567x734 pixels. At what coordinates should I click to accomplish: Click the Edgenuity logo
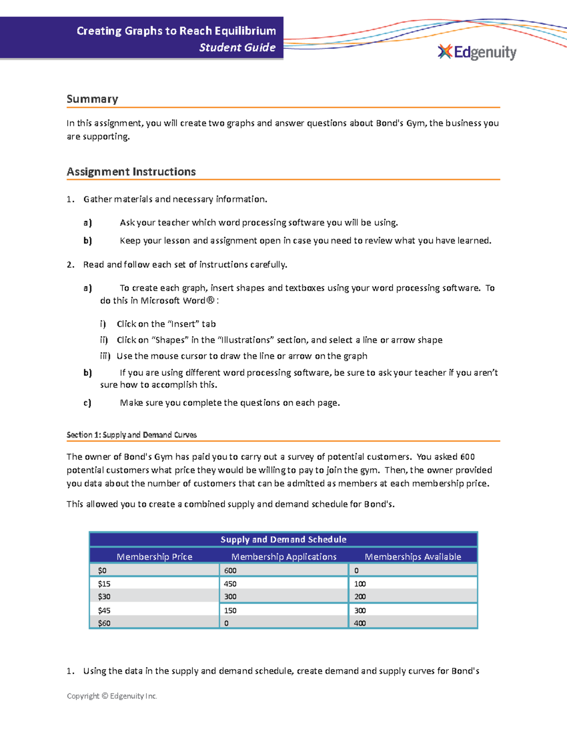click(477, 52)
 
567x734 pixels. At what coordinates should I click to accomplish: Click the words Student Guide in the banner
click(237, 48)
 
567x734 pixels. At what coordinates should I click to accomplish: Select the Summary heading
click(92, 99)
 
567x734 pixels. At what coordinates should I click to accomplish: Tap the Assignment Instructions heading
click(131, 172)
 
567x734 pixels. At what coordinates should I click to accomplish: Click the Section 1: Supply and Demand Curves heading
click(131, 435)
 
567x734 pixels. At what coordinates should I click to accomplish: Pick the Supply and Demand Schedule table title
click(283, 540)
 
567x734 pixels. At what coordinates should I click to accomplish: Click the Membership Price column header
click(155, 557)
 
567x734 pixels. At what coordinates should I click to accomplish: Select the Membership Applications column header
click(283, 557)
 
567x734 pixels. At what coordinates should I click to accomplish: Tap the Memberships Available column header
click(412, 557)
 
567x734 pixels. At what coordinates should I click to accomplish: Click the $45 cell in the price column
click(104, 611)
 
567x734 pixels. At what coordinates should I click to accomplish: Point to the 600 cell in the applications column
click(230, 570)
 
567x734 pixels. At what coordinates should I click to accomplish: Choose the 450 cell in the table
click(230, 584)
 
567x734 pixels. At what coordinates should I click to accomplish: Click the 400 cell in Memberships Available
click(360, 623)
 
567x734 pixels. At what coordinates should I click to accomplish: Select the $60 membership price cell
click(104, 623)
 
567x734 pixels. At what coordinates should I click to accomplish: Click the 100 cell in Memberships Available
click(360, 584)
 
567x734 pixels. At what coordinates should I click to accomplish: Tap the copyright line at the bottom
click(112, 696)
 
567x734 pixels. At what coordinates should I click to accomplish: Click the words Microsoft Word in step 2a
click(172, 301)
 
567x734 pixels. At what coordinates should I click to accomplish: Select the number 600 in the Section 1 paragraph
click(467, 457)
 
